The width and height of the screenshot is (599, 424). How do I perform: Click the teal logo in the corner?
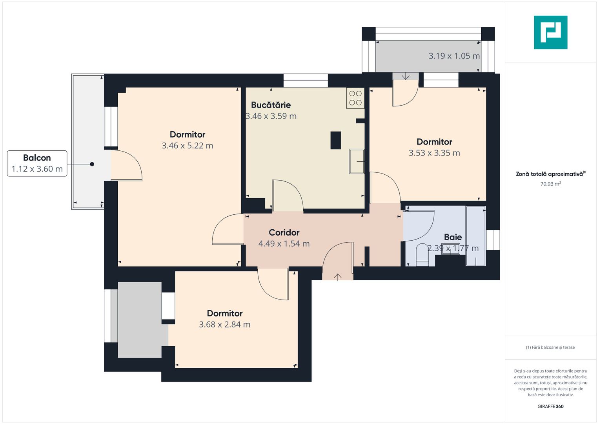coord(551,32)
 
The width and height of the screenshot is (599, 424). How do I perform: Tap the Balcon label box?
coord(37,163)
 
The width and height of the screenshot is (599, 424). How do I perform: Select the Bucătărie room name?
coord(271,105)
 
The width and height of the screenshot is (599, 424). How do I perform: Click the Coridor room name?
coord(284,232)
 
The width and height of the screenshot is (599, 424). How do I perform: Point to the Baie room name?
coord(453,237)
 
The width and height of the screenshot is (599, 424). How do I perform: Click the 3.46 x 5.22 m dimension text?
coord(187,146)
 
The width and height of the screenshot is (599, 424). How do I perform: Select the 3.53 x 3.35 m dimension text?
coord(434,153)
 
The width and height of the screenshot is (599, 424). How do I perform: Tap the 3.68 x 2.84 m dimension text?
coord(225,324)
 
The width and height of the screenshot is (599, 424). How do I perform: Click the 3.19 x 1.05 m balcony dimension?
coord(454,56)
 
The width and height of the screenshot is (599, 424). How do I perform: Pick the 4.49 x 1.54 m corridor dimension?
coord(284,243)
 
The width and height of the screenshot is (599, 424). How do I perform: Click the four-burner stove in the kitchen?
coord(355,98)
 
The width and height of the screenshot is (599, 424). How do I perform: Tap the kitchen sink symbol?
coord(357,161)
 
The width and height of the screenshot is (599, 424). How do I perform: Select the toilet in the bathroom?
coord(422,254)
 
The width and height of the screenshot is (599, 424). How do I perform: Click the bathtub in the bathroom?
coord(476,236)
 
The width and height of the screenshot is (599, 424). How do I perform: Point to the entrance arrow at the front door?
coord(338,277)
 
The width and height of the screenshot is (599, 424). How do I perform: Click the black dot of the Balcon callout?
coord(92,164)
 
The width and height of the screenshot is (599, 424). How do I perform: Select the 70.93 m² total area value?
coord(551,184)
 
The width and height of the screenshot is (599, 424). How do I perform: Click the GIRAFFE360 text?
coord(551,406)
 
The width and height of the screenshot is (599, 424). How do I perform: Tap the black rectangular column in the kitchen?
coord(336,140)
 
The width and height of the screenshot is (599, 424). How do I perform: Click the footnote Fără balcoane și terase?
coord(550,347)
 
